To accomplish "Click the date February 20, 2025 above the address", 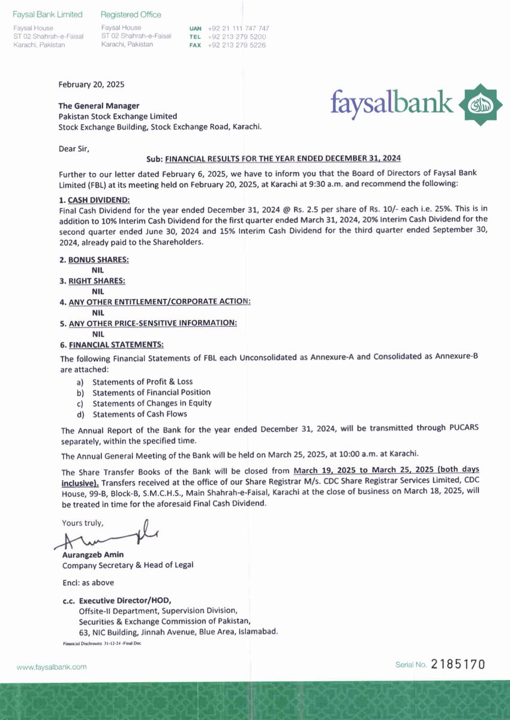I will point(91,85).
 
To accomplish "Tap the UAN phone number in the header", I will point(238,28).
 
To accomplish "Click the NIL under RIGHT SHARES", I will point(98,291).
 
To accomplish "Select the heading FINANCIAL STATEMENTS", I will point(113,345).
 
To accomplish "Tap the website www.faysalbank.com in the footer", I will point(52,667).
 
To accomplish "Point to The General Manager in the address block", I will point(98,106).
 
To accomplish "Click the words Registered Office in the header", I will point(131,14).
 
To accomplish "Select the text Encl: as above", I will point(88,583).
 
